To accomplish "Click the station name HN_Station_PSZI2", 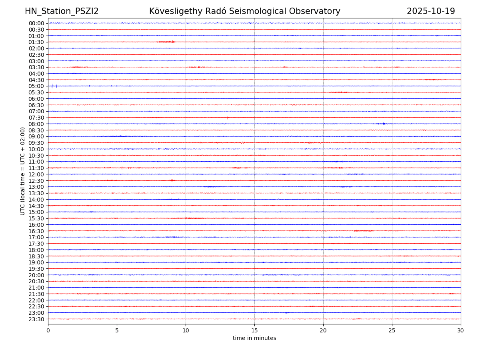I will click(x=62, y=11).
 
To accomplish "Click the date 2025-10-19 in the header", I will click(x=431, y=11).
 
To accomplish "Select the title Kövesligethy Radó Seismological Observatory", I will click(x=244, y=11).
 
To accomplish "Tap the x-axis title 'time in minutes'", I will click(x=254, y=338).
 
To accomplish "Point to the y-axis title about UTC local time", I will click(x=23, y=171).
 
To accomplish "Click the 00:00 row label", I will click(x=36, y=23).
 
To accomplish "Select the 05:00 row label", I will click(x=36, y=86).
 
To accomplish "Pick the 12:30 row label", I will click(x=36, y=181).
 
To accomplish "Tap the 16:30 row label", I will click(x=36, y=231).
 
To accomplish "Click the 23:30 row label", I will click(x=36, y=319).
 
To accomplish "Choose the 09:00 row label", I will click(x=36, y=136).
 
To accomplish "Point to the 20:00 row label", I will click(x=36, y=275).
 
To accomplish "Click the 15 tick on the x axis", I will click(x=254, y=330).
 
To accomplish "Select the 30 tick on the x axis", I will click(x=461, y=330).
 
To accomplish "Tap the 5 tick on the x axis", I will click(x=117, y=330).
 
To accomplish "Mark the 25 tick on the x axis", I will click(x=392, y=330).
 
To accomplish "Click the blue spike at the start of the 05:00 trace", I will click(x=52, y=86).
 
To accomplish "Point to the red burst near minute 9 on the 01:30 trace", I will click(x=167, y=42).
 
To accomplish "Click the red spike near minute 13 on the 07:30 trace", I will click(x=227, y=118).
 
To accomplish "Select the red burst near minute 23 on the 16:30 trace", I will click(x=363, y=231).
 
